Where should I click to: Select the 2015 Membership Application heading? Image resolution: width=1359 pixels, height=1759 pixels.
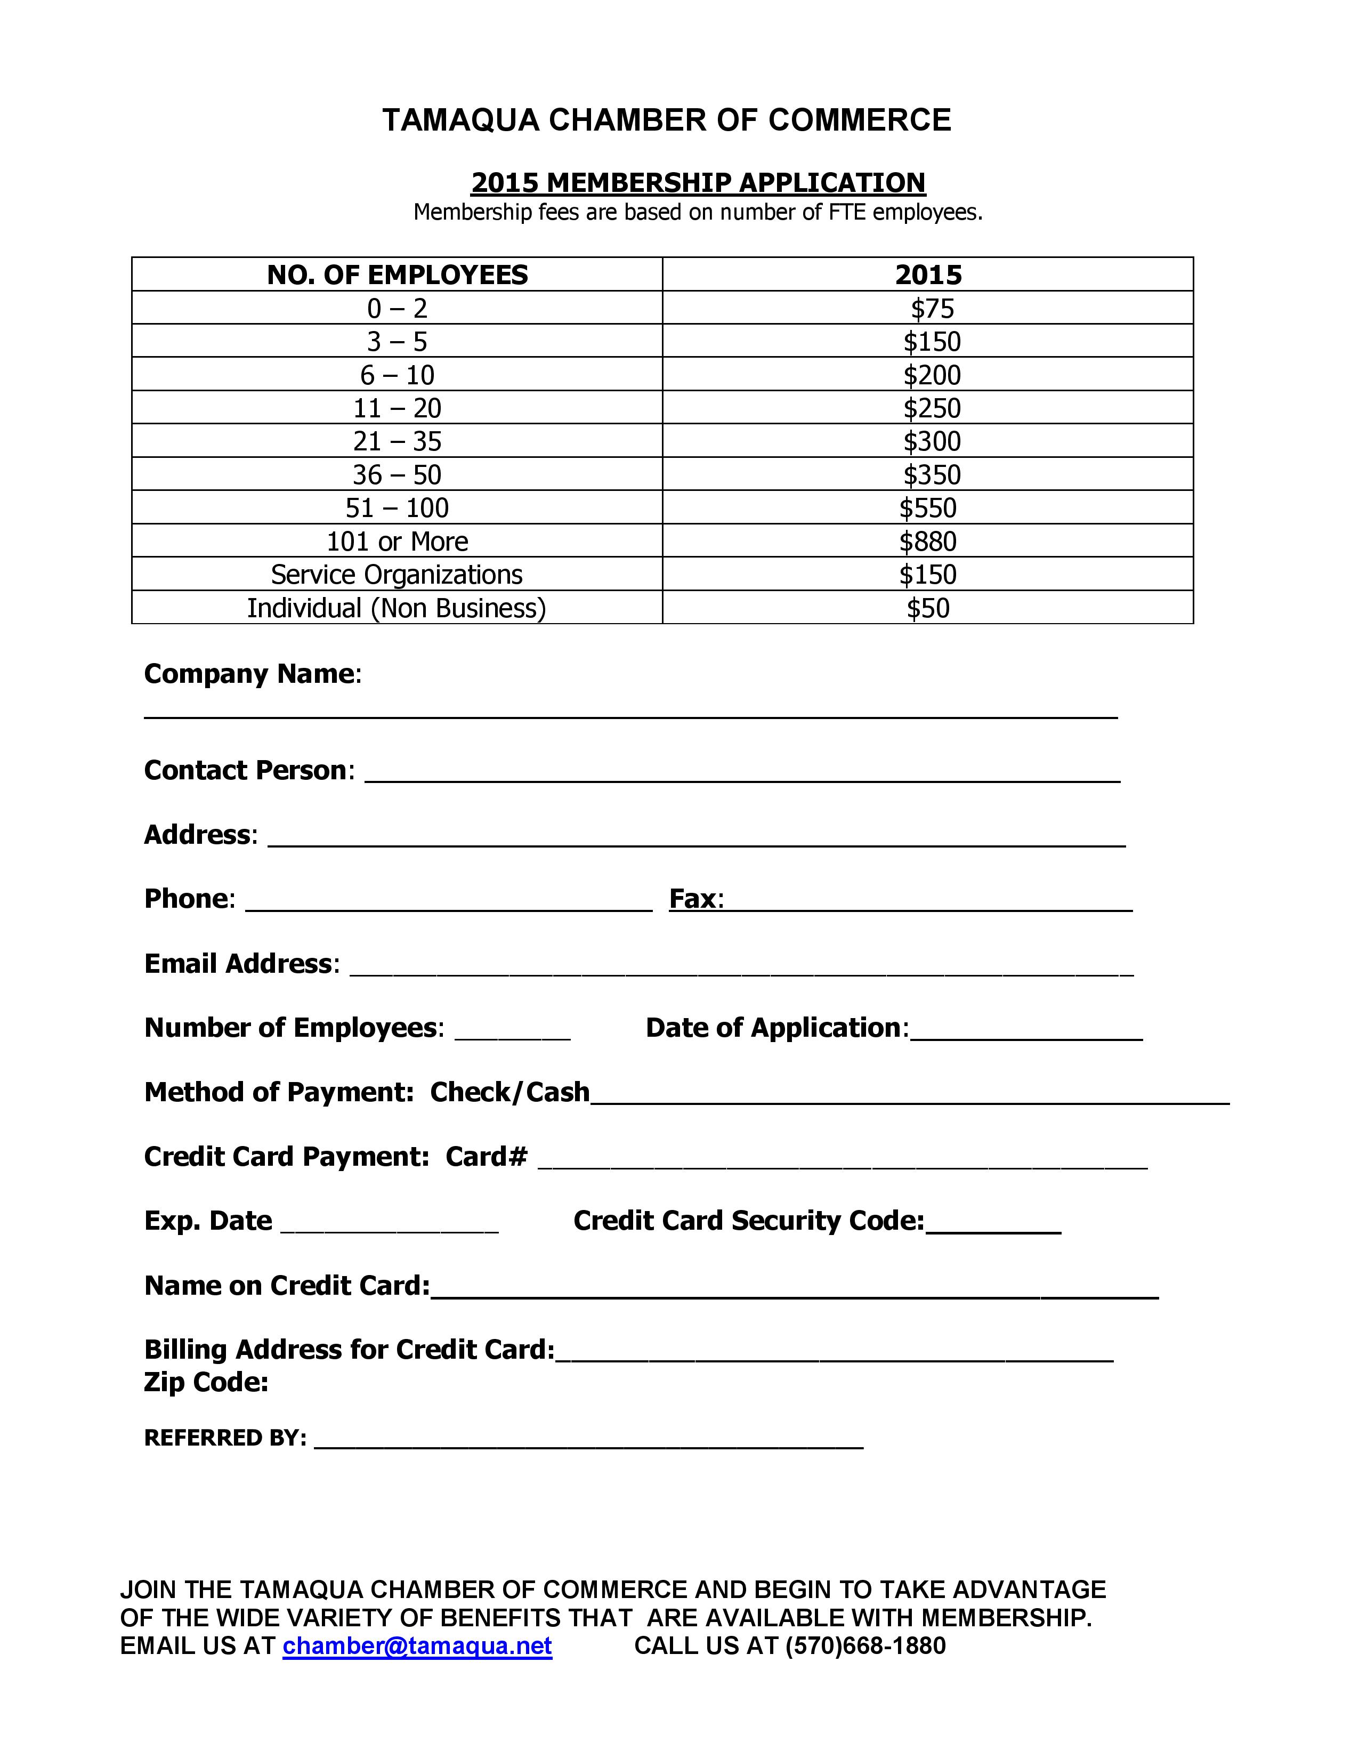pyautogui.click(x=698, y=183)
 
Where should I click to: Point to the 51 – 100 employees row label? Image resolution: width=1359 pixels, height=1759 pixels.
pyautogui.click(x=397, y=508)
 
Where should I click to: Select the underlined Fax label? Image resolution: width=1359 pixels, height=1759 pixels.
pyautogui.click(x=695, y=899)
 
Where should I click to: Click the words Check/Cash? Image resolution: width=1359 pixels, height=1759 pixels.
pyautogui.click(x=509, y=1093)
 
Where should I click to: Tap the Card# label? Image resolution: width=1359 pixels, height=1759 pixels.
pyautogui.click(x=486, y=1157)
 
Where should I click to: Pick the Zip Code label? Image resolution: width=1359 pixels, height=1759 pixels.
pyautogui.click(x=206, y=1383)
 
